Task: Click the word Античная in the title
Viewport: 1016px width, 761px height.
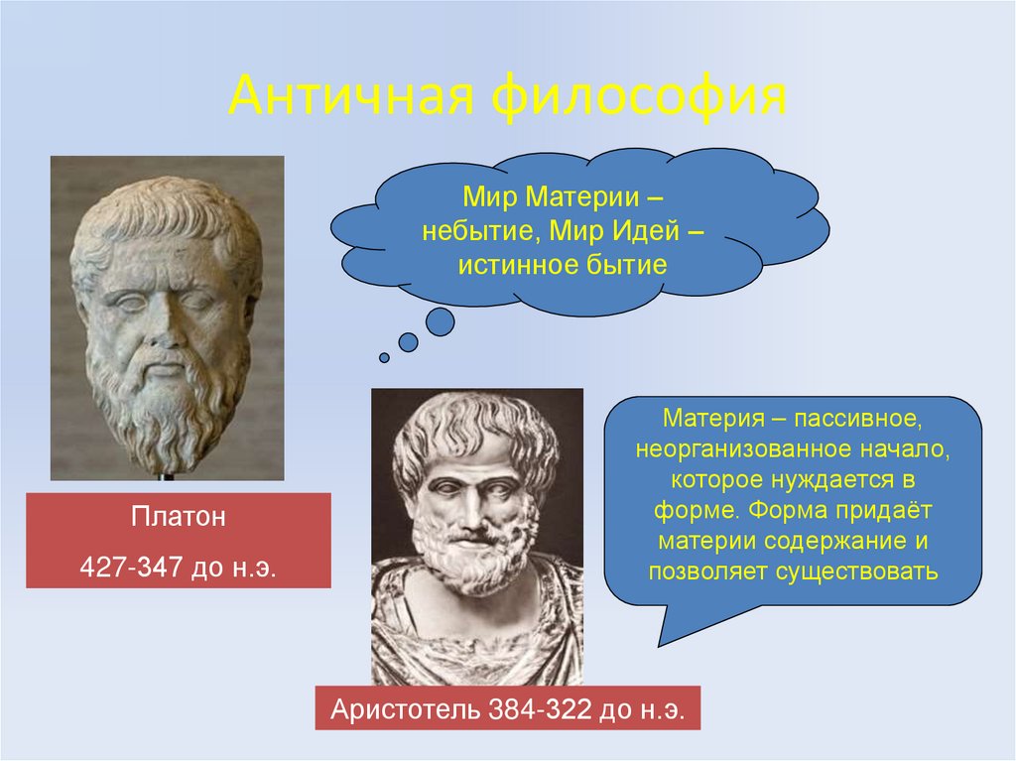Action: coord(351,100)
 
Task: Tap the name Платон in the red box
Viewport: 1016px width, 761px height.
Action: coord(178,517)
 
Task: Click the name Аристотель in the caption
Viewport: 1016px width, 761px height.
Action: coord(404,709)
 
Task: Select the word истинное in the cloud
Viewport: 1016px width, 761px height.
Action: coord(505,265)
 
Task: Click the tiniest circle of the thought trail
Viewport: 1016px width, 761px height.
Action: coord(384,357)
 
